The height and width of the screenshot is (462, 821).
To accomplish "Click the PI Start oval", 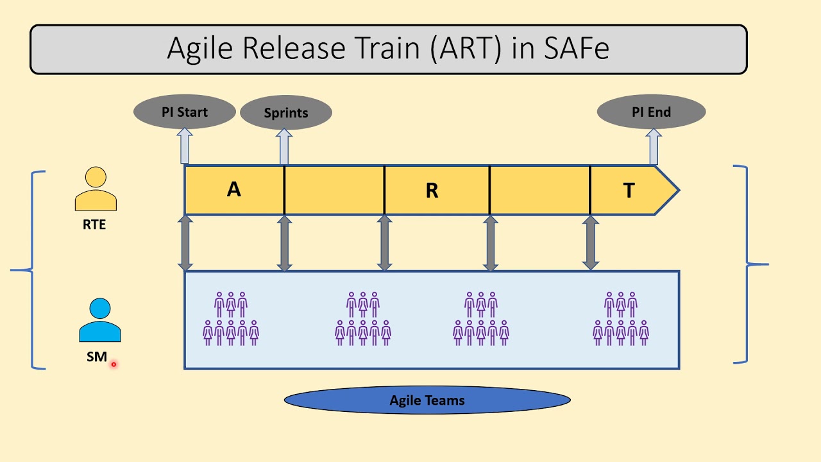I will (185, 112).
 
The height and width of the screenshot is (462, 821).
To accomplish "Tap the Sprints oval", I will (286, 113).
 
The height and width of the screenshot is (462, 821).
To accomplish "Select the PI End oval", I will (651, 112).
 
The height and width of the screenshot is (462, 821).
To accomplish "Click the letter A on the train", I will (234, 189).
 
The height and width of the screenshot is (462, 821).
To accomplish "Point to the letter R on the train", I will (432, 191).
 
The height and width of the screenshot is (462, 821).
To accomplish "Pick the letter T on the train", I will (629, 191).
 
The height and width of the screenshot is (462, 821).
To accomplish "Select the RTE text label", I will (94, 225).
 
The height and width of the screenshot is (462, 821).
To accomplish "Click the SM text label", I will (97, 357).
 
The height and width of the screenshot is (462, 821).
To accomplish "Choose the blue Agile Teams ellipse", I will (427, 400).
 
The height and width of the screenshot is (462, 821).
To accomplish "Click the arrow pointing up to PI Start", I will (185, 146).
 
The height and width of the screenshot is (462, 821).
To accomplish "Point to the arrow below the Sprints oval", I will (284, 147).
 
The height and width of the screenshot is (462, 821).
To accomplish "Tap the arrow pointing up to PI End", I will (654, 146).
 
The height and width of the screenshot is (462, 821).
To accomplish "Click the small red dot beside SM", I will (114, 364).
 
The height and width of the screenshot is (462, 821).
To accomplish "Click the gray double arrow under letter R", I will (385, 243).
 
